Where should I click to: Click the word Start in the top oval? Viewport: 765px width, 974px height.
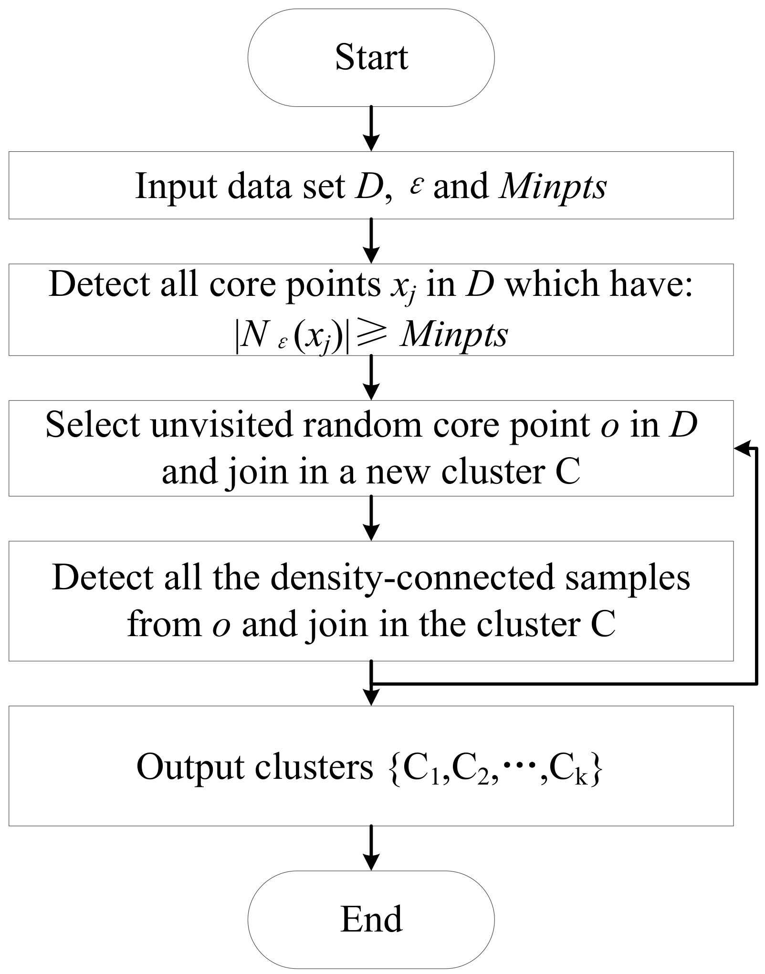click(371, 58)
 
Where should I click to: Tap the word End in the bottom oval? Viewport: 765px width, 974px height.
click(371, 919)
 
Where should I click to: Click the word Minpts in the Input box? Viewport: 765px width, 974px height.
click(553, 187)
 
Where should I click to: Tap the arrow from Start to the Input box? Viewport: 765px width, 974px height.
click(371, 128)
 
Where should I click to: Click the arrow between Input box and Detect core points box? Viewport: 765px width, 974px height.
click(371, 241)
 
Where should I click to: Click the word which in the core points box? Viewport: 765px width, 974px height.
click(544, 285)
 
